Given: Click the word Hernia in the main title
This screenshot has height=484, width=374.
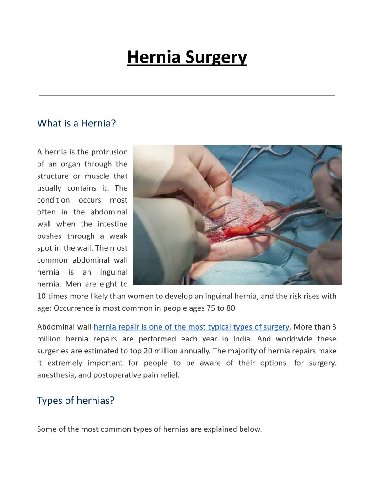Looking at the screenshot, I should tap(154, 58).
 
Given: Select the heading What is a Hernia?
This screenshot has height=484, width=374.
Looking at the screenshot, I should tap(76, 123).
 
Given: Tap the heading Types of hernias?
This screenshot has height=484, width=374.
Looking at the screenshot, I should tap(76, 401).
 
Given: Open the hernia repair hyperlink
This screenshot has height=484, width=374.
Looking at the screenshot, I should tap(191, 327).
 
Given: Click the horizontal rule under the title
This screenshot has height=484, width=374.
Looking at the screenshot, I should tap(187, 95).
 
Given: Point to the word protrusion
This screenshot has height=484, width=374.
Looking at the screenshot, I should tap(109, 152).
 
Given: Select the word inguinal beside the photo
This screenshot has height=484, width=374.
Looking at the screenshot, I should tap(112, 272).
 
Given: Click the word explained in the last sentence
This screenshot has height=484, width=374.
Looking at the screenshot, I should tap(218, 429).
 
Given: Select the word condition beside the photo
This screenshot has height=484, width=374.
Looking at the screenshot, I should tap(53, 200).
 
